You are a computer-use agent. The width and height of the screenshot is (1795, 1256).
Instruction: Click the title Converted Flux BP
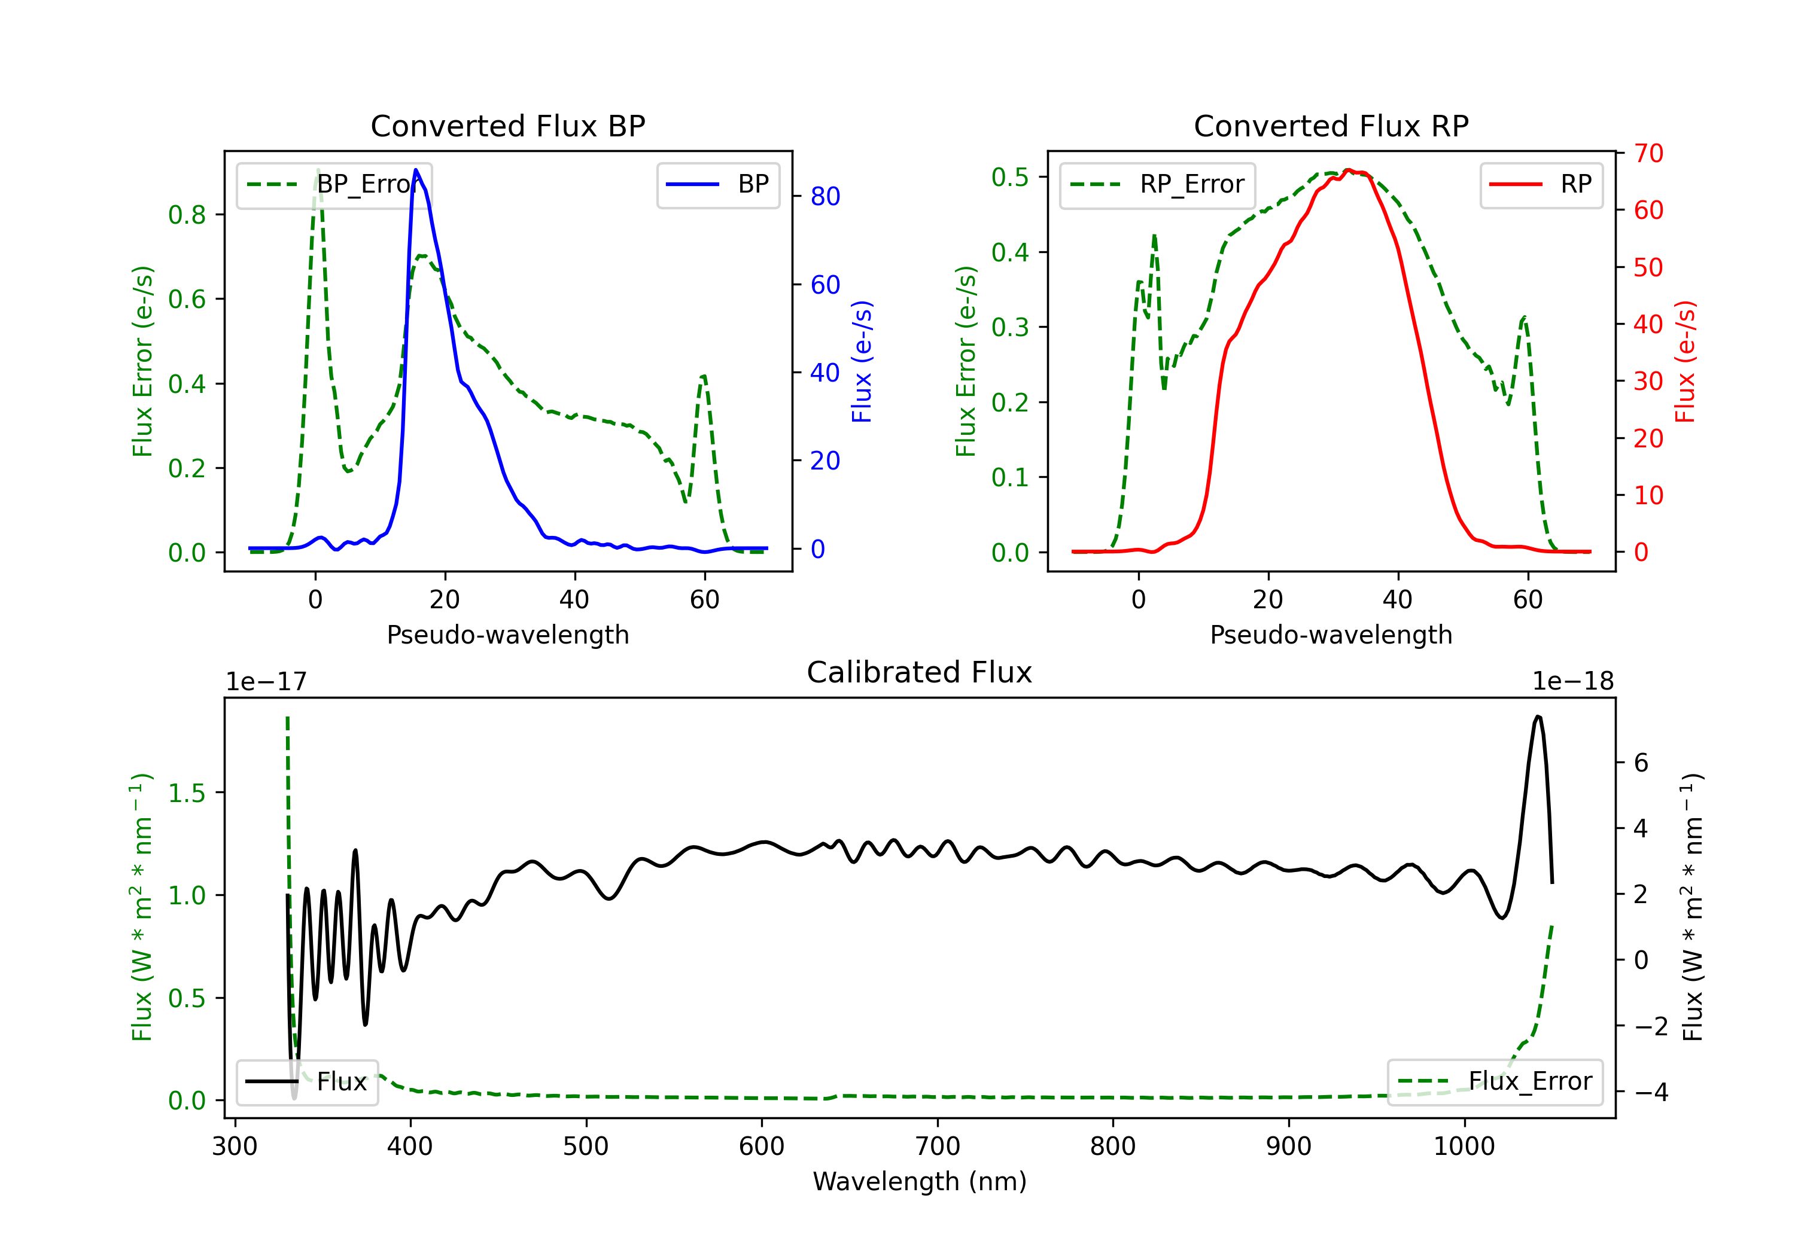pos(507,126)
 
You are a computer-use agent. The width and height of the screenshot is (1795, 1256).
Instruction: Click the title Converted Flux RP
pos(1331,126)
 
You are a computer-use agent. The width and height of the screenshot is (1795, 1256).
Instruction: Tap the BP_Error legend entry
pos(334,184)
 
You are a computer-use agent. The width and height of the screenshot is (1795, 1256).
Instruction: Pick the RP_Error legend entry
pos(1157,184)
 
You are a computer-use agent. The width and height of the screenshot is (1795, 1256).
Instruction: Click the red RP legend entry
pos(1541,184)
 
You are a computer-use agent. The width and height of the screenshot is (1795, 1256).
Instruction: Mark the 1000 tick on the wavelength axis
pos(1464,1146)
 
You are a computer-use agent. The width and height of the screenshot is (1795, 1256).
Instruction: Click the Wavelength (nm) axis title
pos(920,1181)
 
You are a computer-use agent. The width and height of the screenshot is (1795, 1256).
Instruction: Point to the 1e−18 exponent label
pos(1572,682)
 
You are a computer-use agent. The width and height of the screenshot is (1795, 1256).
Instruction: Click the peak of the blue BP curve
pos(415,170)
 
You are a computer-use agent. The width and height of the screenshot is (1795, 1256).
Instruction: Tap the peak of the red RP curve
pos(1347,170)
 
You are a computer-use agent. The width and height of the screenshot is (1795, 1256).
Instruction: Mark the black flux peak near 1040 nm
pos(1538,716)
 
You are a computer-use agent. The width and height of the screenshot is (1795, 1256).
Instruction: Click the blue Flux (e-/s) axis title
pos(861,361)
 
